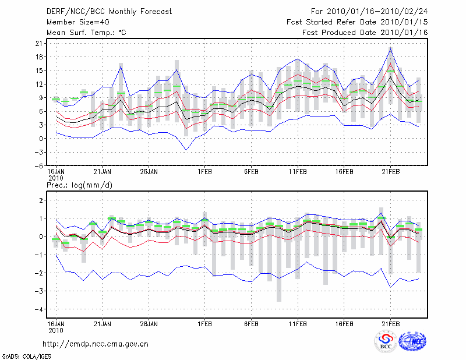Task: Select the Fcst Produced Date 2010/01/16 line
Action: (365, 33)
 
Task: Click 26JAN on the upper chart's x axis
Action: (149, 172)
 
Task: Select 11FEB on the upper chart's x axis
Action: (298, 172)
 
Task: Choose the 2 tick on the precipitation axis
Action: (40, 200)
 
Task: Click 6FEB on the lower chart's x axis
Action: (251, 322)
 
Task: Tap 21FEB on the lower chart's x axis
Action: (390, 322)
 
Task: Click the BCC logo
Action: (386, 343)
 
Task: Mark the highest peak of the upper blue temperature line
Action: (390, 48)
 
